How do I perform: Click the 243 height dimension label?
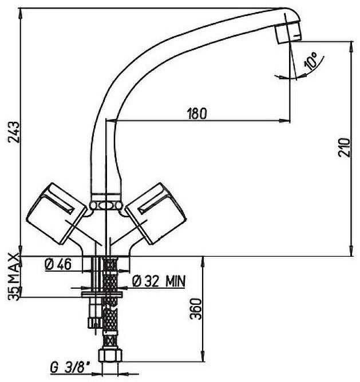point(14,132)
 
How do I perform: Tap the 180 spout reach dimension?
point(196,113)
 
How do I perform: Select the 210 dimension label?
point(344,148)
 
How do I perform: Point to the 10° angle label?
point(310,61)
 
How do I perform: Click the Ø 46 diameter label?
point(58,264)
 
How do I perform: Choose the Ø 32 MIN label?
point(159,281)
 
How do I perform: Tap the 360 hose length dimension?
point(196,309)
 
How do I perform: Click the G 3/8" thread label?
point(70,367)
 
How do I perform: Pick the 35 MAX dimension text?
point(14,277)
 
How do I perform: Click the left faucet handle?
point(57,213)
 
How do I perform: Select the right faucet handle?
point(156,213)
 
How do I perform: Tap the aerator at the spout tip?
point(288,32)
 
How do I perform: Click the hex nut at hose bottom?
point(110,356)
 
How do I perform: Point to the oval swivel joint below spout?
point(106,205)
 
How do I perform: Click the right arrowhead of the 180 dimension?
point(285,120)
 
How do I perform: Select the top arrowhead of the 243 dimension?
point(20,14)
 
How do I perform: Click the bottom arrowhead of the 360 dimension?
point(203,356)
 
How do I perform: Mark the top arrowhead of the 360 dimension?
point(203,262)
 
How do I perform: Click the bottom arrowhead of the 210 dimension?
point(352,250)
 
